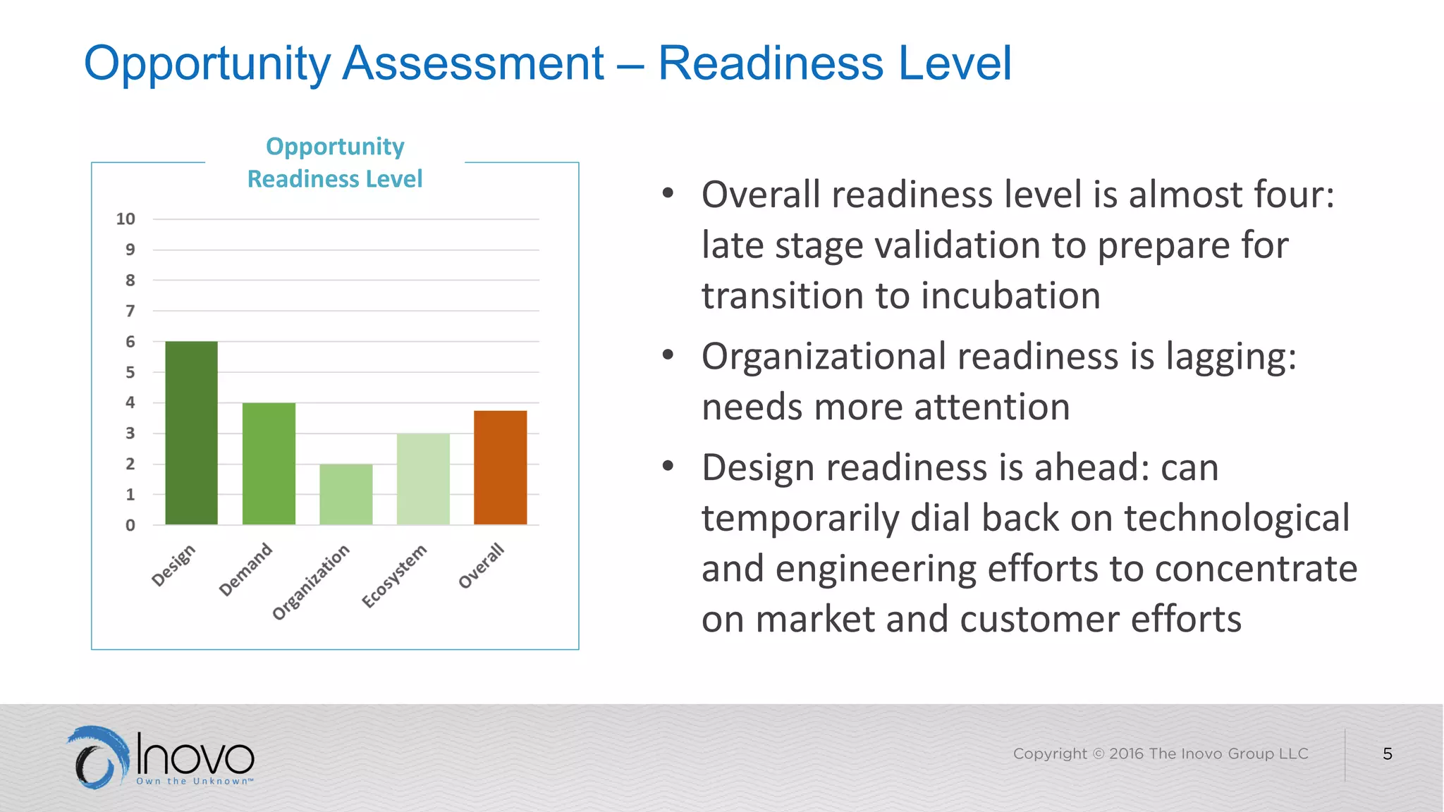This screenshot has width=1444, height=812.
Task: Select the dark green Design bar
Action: pyautogui.click(x=191, y=433)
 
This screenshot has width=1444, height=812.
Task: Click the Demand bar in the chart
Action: pyautogui.click(x=269, y=463)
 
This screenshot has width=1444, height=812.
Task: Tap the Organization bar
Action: pyautogui.click(x=345, y=494)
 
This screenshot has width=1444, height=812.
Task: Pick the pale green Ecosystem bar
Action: pyautogui.click(x=423, y=479)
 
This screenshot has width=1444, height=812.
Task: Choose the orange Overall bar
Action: pyautogui.click(x=500, y=467)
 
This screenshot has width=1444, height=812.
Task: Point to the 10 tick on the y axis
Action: pyautogui.click(x=126, y=219)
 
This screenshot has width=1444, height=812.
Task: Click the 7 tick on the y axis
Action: pyautogui.click(x=130, y=311)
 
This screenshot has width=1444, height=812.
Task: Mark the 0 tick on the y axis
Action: pyautogui.click(x=130, y=525)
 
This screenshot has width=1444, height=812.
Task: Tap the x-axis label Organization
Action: pyautogui.click(x=311, y=582)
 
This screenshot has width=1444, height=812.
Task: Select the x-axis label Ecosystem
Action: pyautogui.click(x=394, y=576)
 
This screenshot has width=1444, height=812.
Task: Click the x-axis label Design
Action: pyautogui.click(x=173, y=565)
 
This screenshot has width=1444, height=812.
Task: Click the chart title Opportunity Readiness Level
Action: pyautogui.click(x=335, y=163)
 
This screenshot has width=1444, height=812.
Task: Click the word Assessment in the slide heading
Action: pyautogui.click(x=473, y=63)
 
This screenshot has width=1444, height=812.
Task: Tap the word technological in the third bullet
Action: pyautogui.click(x=1237, y=519)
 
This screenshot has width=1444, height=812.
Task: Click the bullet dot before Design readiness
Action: pyautogui.click(x=668, y=466)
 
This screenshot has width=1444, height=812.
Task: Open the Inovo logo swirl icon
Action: pyautogui.click(x=99, y=757)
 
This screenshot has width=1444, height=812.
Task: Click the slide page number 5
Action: pyautogui.click(x=1387, y=754)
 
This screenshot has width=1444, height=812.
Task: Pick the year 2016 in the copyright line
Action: pyautogui.click(x=1126, y=753)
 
